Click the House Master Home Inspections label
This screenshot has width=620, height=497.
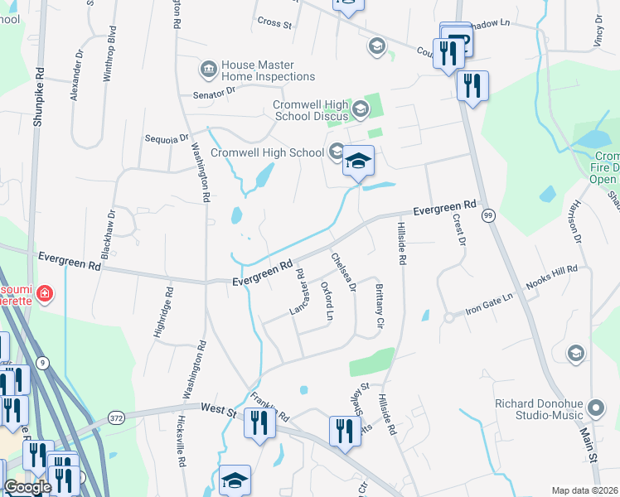click(x=268, y=70)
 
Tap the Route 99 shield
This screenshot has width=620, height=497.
click(x=489, y=215)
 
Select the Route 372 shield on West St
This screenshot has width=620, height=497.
click(x=116, y=419)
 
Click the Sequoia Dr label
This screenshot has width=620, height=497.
click(x=167, y=139)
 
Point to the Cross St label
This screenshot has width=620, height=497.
click(x=275, y=24)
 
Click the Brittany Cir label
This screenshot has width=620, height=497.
click(x=379, y=305)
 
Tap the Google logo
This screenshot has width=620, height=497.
click(x=27, y=487)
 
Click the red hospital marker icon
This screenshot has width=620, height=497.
click(x=44, y=292)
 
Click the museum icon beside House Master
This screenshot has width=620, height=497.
click(x=208, y=66)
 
